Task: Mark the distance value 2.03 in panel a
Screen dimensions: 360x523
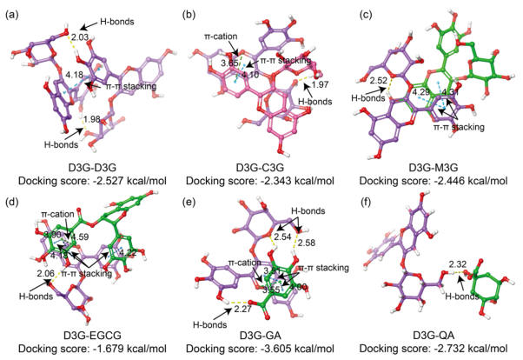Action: (x=80, y=37)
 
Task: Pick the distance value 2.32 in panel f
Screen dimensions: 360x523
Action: (x=453, y=263)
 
